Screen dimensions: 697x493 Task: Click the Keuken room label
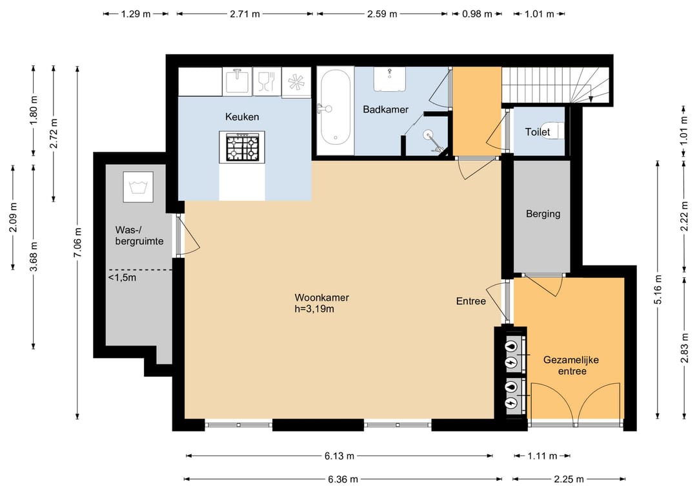click(x=242, y=117)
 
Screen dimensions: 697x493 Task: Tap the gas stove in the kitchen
click(x=242, y=147)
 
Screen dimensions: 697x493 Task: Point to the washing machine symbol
click(x=138, y=187)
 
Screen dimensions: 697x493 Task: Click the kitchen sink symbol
click(x=237, y=81)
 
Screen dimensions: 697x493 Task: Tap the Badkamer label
click(x=385, y=109)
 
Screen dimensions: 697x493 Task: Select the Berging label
click(x=543, y=214)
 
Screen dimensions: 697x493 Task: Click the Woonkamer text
click(x=322, y=298)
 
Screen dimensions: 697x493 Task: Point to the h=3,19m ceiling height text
click(x=314, y=309)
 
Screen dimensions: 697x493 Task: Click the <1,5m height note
click(x=122, y=278)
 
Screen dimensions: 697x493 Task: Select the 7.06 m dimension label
click(x=78, y=242)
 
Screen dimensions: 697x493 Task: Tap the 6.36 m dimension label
click(x=343, y=479)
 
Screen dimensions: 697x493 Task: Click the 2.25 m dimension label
click(x=569, y=479)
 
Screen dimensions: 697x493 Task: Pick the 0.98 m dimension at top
click(x=477, y=14)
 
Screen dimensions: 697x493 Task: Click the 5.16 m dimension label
click(x=658, y=289)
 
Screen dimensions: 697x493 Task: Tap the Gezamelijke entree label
click(x=571, y=365)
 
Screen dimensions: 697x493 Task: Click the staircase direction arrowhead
click(x=591, y=100)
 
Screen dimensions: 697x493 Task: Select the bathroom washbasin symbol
click(x=389, y=79)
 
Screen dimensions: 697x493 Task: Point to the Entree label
click(x=470, y=301)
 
